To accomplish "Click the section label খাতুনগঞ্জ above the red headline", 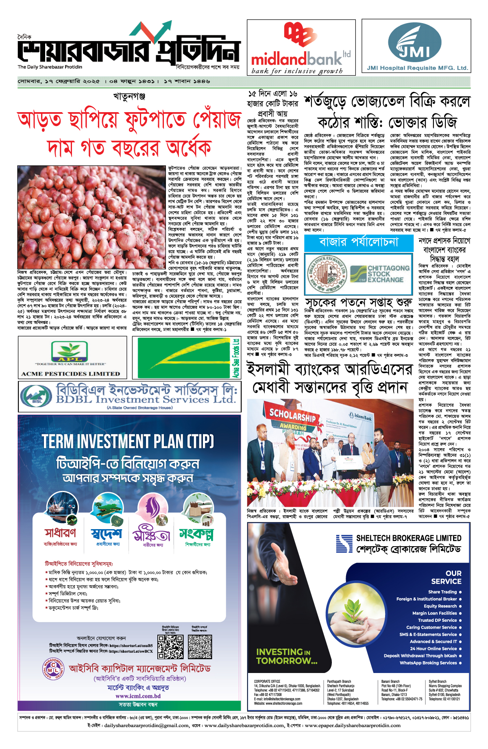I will coord(129,97).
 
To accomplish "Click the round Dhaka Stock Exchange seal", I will coord(327,274).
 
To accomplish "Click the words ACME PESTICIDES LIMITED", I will coord(71,373).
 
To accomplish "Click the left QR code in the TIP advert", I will coord(170,647).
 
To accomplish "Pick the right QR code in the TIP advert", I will coord(200,647).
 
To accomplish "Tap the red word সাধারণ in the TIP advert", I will coord(61,533).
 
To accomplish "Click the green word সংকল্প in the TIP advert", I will coord(197,534).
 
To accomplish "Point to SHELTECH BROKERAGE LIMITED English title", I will coord(408,538).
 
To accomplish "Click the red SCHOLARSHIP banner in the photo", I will coord(292,416).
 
